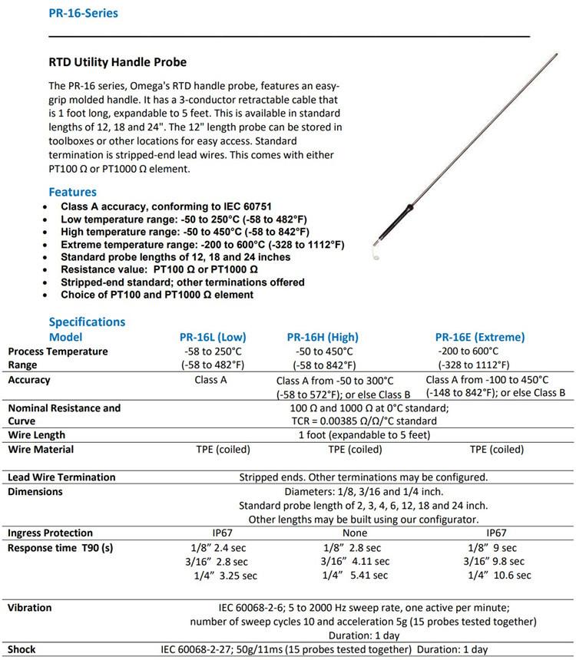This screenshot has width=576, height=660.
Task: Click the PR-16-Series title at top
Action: pyautogui.click(x=83, y=13)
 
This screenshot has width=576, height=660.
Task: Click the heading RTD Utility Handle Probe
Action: pyautogui.click(x=118, y=62)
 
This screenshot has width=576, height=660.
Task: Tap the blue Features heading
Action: pyautogui.click(x=72, y=192)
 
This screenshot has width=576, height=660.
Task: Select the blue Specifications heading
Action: pyautogui.click(x=87, y=322)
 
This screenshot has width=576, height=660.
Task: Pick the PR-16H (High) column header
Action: pyautogui.click(x=323, y=336)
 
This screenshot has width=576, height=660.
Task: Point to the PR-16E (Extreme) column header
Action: pyautogui.click(x=480, y=336)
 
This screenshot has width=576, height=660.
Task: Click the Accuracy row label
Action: pyautogui.click(x=29, y=380)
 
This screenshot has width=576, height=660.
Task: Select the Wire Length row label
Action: pyautogui.click(x=35, y=435)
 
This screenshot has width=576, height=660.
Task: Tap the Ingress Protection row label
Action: pyautogui.click(x=50, y=533)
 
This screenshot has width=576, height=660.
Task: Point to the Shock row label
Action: pyautogui.click(x=22, y=649)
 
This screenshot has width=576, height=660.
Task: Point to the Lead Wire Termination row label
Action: pyautogui.click(x=61, y=477)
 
